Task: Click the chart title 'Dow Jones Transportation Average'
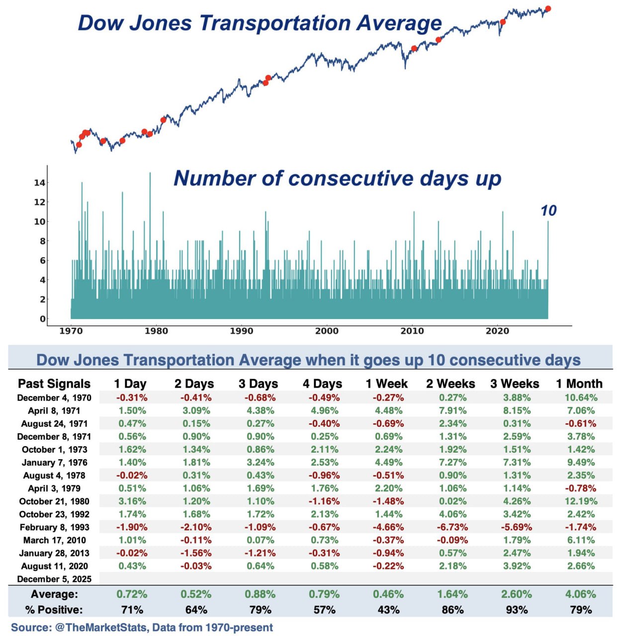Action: [x=260, y=23]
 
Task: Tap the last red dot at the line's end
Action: [x=548, y=8]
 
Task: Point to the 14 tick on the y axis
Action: [x=39, y=183]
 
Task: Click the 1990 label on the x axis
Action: [x=241, y=331]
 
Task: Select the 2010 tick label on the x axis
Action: [x=412, y=331]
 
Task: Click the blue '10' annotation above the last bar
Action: [x=548, y=211]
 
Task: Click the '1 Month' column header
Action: [x=579, y=384]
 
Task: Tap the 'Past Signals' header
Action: [x=54, y=384]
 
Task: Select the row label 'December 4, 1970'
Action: [x=54, y=397]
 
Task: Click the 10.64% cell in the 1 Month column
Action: [x=581, y=397]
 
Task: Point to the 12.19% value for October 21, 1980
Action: [x=581, y=501]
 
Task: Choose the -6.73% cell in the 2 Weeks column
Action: [x=452, y=527]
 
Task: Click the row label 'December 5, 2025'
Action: [x=54, y=579]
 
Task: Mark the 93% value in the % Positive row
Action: [x=517, y=610]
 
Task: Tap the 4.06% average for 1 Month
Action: [x=581, y=594]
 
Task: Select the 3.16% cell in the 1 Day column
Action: [x=132, y=501]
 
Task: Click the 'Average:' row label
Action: [x=54, y=594]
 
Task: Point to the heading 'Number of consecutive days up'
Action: [x=337, y=178]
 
